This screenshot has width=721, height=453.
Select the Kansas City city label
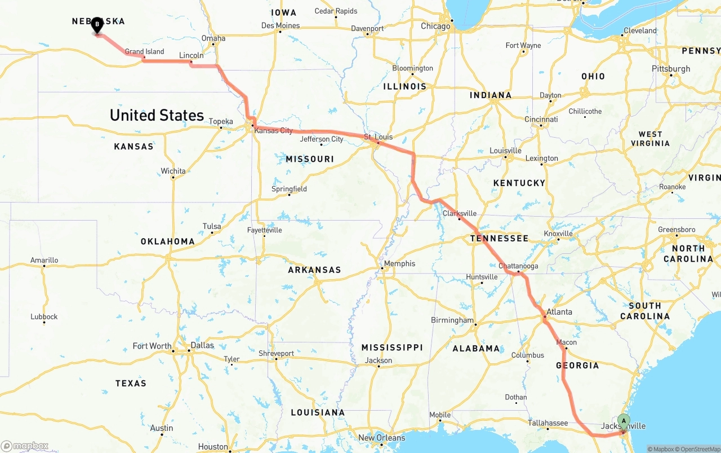[274, 130]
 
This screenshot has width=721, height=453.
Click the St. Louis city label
[378, 137]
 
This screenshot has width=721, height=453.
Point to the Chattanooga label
[518, 266]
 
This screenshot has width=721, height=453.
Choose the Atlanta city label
[559, 312]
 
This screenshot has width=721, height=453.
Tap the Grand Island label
[145, 51]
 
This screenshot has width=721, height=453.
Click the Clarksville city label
[460, 213]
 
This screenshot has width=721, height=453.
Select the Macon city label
[567, 342]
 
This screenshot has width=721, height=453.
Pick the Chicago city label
[435, 26]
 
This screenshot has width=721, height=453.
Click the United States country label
[157, 115]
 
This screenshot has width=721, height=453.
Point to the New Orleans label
[382, 438]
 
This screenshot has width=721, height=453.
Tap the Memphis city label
[399, 263]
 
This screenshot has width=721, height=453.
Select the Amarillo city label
[44, 260]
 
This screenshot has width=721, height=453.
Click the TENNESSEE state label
[500, 238]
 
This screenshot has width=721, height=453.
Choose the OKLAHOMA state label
[168, 241]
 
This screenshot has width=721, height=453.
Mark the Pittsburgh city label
[671, 69]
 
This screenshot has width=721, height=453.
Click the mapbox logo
[25, 446]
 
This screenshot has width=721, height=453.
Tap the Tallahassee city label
[548, 423]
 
